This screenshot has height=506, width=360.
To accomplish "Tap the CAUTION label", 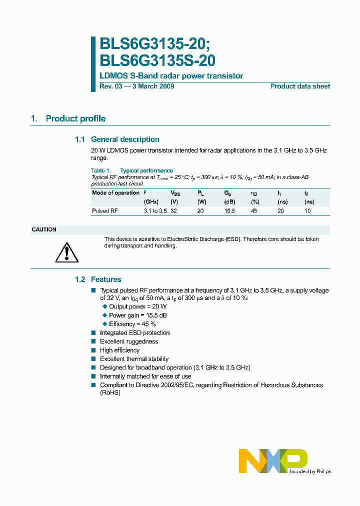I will coord(44,229).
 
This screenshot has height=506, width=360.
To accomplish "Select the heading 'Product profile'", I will coord(75,118).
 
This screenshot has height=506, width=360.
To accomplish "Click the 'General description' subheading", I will coord(125,139).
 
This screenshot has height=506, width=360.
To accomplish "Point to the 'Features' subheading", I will coord(105,279).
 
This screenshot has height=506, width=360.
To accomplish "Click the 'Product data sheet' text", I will coord(300,86).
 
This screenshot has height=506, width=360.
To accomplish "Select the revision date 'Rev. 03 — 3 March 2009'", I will coord(137,86).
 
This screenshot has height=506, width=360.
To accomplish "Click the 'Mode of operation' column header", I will coord(115,192).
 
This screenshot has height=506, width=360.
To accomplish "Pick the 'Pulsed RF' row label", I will coord(104,211).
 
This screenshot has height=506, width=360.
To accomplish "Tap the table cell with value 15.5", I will coord(229,211).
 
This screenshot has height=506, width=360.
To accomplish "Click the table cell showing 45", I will coord(254,211).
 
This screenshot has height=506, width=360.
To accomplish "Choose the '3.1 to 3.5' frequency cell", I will coord(155,211).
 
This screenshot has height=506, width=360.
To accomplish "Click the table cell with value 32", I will coord(174,211).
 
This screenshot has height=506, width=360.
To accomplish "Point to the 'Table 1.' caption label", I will coord(100,170).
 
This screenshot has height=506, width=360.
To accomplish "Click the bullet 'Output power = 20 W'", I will coord(137,306).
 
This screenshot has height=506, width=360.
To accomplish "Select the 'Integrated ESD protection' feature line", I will coord(134,333).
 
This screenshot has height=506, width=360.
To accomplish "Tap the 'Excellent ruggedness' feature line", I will coord(129,341).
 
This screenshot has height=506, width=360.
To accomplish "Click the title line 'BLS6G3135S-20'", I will coord(157,60).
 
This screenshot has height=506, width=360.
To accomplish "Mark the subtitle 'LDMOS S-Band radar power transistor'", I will coord(171,76).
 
